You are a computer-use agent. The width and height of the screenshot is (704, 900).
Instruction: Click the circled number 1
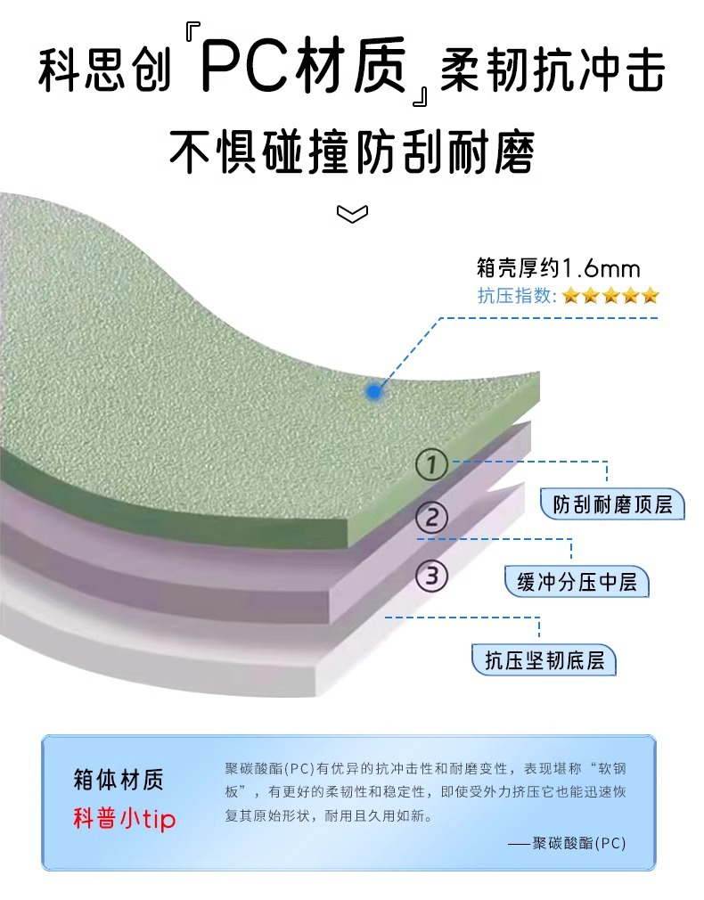[x=432, y=464]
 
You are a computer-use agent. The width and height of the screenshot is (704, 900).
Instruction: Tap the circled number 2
[x=432, y=518]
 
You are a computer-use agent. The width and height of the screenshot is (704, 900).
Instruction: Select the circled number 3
[x=432, y=576]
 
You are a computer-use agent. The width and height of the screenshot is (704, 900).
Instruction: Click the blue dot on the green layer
[x=374, y=391]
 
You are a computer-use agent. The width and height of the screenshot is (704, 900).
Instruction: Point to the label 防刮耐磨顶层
[x=612, y=505]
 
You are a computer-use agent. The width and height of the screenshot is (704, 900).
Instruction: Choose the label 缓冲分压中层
[x=577, y=583]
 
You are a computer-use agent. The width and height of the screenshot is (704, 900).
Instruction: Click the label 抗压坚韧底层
[x=544, y=660]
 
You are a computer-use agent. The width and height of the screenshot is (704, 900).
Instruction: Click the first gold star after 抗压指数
[x=570, y=296]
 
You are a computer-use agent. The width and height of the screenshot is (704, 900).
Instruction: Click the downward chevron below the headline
[x=352, y=213]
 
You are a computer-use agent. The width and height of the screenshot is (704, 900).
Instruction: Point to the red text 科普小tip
[x=124, y=819]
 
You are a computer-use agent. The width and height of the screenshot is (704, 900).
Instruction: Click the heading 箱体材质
[x=119, y=781]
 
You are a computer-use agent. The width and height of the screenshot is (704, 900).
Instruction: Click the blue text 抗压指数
[x=516, y=296]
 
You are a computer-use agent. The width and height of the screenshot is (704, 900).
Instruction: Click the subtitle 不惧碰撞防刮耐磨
[x=352, y=151]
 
